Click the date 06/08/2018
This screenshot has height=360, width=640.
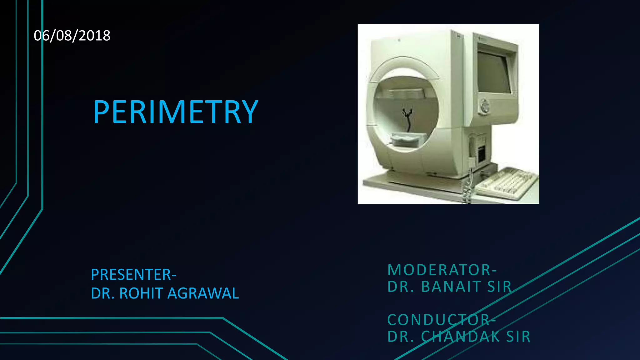[x=72, y=36]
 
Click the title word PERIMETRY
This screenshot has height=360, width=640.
[x=176, y=112]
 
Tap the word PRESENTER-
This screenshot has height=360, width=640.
[x=133, y=275]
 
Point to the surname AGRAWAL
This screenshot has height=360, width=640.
[x=203, y=293]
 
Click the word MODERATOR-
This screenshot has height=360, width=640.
[x=442, y=270]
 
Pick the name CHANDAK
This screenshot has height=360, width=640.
[x=460, y=337]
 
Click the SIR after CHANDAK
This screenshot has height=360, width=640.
[x=518, y=337]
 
